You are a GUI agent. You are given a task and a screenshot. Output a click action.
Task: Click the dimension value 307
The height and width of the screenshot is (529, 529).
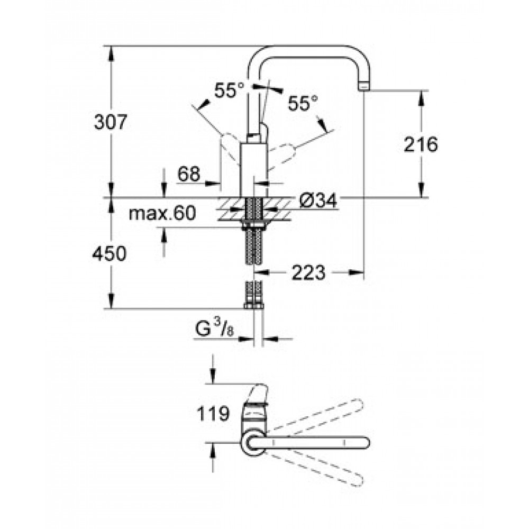pos(111,122)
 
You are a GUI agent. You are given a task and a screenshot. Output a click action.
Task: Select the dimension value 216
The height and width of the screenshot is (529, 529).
pos(421,144)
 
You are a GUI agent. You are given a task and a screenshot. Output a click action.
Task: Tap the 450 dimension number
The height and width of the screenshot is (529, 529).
pos(110,253)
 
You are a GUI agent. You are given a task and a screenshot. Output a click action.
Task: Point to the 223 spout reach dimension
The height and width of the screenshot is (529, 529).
pos(308,272)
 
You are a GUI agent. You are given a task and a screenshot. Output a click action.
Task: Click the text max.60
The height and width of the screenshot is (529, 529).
pos(162,213)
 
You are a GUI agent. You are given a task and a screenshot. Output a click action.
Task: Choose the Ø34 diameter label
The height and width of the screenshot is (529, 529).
pos(318,202)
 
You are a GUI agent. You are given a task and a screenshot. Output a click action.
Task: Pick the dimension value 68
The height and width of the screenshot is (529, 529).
pos(189,174)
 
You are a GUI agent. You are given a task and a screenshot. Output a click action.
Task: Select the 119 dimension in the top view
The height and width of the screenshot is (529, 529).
pos(213,414)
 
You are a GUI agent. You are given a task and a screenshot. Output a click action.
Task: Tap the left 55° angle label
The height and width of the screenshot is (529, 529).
pos(229,90)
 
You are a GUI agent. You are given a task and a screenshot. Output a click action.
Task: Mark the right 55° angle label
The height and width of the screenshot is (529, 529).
pos(303,103)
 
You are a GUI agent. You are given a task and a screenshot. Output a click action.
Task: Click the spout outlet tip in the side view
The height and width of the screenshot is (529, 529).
pos(364,87)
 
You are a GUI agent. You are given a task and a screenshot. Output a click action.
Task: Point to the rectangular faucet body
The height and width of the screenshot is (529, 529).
pos(254,170)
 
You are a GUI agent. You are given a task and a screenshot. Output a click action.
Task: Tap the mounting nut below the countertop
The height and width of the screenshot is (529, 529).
pos(253,225)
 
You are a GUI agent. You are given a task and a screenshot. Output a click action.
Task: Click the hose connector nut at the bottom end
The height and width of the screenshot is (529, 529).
pos(253,306)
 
